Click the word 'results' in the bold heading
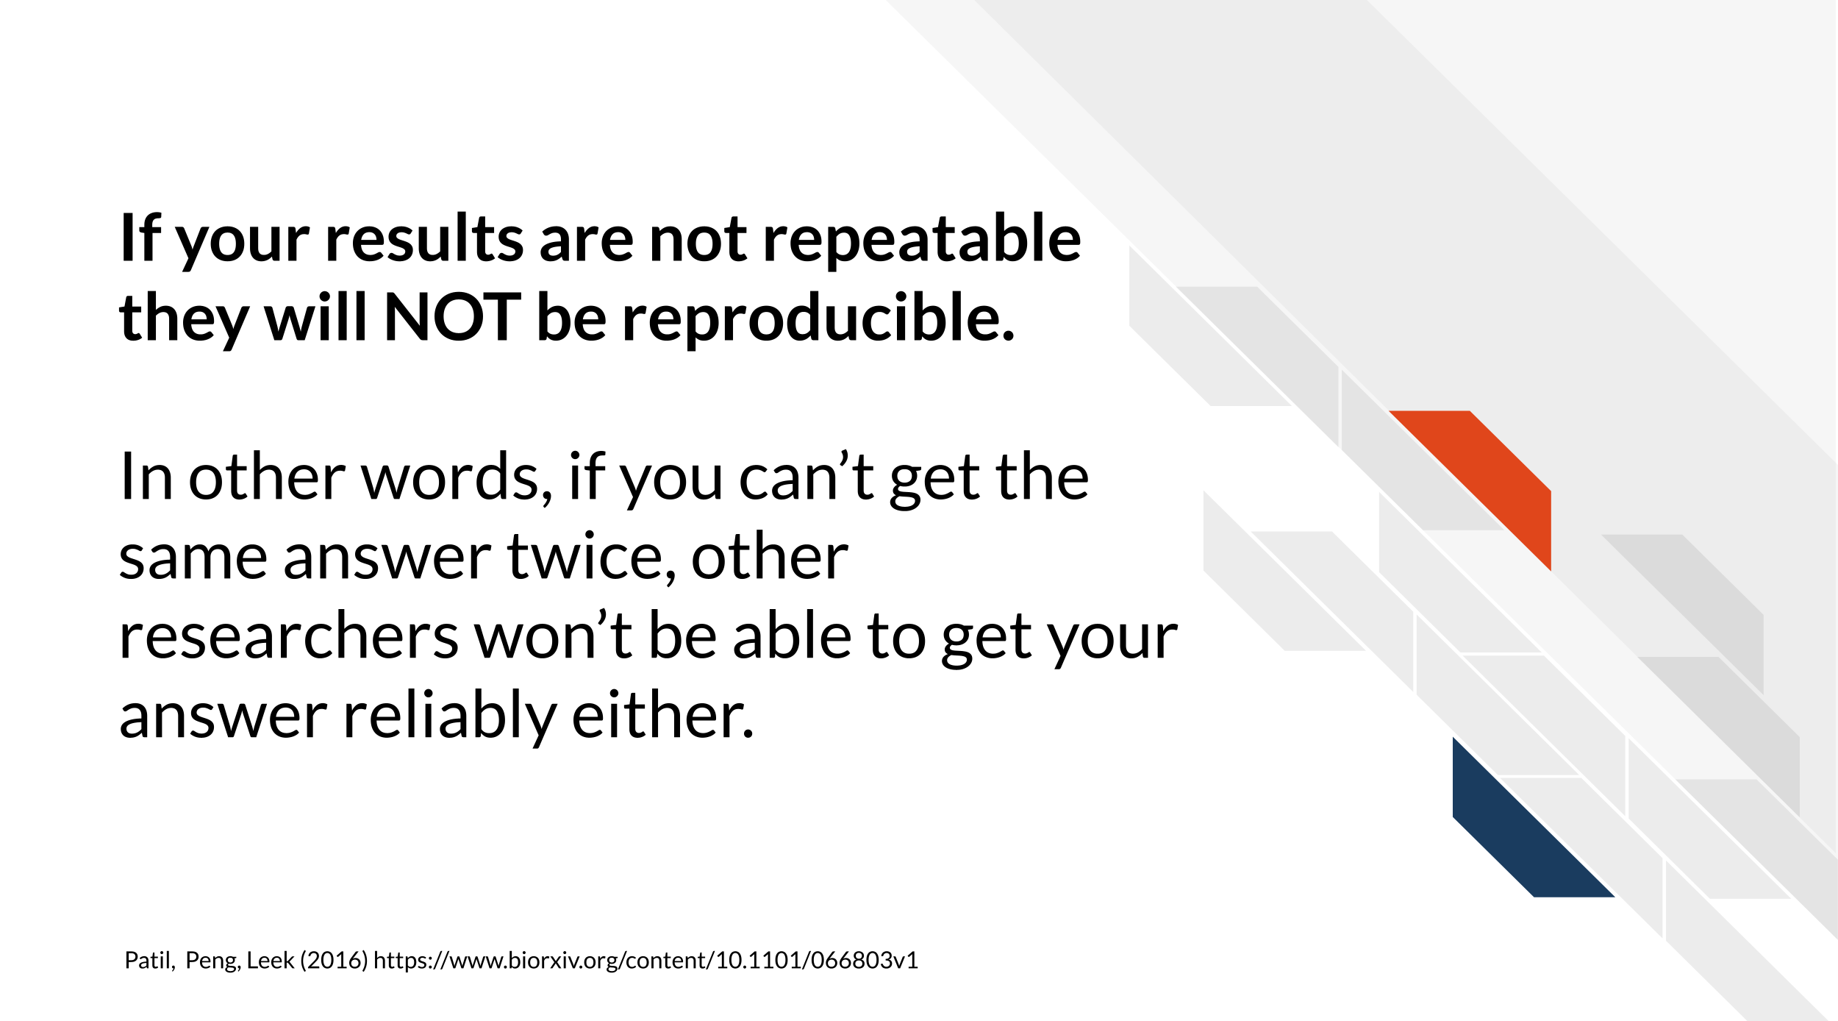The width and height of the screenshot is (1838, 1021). pyautogui.click(x=424, y=238)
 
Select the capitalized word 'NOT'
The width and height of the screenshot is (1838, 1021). pyautogui.click(x=452, y=318)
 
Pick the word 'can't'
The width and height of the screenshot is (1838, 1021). pyautogui.click(x=806, y=477)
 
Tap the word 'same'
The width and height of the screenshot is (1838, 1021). pyautogui.click(x=193, y=557)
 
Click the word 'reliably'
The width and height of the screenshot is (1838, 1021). pyautogui.click(x=449, y=716)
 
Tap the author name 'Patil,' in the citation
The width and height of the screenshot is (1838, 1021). pyautogui.click(x=150, y=960)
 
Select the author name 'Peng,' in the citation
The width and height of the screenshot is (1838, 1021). pyautogui.click(x=213, y=961)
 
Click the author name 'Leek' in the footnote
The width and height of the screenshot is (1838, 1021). pyautogui.click(x=271, y=960)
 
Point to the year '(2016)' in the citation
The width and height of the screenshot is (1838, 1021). pyautogui.click(x=334, y=961)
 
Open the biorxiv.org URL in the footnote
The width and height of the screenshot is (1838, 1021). pyautogui.click(x=646, y=961)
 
